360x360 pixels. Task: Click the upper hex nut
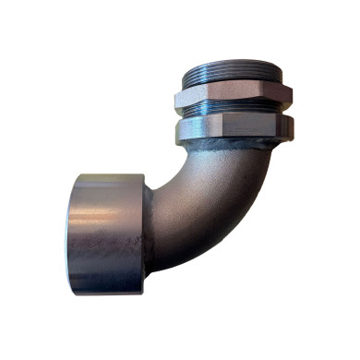click(x=232, y=93)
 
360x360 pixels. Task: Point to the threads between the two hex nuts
click(x=233, y=110)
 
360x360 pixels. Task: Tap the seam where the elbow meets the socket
click(x=146, y=235)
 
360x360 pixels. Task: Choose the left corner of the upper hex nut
click(x=175, y=95)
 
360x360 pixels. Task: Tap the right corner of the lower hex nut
click(x=293, y=125)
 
